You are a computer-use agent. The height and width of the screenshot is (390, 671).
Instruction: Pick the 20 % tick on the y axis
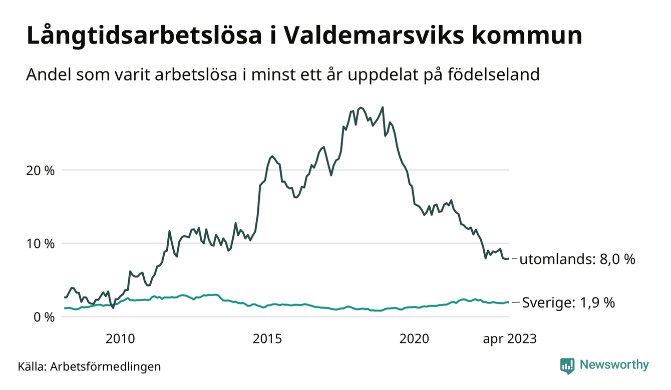coord(41,170)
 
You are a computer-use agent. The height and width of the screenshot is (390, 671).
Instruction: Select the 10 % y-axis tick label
coord(41,243)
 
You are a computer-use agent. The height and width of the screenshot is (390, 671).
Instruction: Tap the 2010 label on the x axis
coord(121,339)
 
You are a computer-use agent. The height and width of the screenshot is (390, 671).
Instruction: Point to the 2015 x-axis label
coord(268,339)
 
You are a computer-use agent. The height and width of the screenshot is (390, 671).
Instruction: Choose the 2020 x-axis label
coord(415,339)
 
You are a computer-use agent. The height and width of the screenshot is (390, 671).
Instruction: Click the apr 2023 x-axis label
coord(509,339)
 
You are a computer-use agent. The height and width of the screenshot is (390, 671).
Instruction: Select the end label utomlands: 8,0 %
coord(577,259)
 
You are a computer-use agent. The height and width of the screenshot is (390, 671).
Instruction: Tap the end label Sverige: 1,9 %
coord(568,302)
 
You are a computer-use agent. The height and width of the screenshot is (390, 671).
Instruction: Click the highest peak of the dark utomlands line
coord(383,107)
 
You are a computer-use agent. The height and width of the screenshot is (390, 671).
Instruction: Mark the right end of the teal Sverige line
coord(509,302)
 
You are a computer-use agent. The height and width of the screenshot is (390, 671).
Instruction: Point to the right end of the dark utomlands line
coord(509,258)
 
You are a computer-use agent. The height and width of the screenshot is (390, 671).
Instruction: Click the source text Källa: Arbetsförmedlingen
coord(90,366)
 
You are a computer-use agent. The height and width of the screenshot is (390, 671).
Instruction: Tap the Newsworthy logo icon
coord(567,365)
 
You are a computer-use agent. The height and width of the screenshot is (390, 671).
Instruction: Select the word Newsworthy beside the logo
coord(614,365)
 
